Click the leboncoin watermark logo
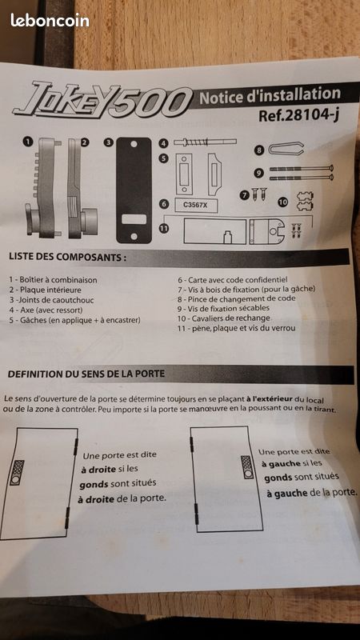click(50, 20)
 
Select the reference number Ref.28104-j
click(298, 116)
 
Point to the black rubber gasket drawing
click(134, 190)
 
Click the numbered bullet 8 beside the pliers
click(259, 150)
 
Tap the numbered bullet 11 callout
click(164, 229)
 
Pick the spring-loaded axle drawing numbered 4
click(205, 142)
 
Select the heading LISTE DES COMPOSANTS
click(67, 257)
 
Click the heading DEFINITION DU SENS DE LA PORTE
click(86, 374)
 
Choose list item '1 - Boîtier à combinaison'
click(53, 280)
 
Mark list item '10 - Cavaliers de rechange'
click(224, 318)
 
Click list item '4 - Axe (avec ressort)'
click(46, 310)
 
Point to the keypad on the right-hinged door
click(17, 473)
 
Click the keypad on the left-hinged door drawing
click(247, 467)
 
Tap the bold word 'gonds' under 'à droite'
click(94, 484)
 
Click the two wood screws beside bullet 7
click(258, 194)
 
